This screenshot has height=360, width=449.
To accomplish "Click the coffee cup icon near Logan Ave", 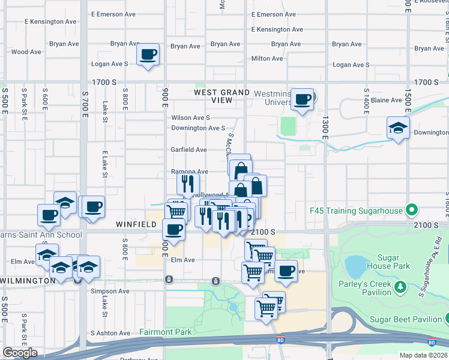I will (148, 55).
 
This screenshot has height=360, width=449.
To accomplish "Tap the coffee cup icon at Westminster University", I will (303, 99).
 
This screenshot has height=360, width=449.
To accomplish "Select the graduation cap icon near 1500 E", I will (398, 128).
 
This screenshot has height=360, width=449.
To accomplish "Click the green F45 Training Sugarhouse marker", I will (411, 211).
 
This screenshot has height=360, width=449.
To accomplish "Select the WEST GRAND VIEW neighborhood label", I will (221, 96).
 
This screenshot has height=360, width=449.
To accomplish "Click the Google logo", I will (20, 353).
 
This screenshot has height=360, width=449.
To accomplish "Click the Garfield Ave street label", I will (189, 149).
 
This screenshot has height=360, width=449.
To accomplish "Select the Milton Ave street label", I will (267, 58).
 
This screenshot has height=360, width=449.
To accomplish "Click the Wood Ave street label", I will (26, 52).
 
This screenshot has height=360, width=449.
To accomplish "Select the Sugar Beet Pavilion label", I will (406, 319).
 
